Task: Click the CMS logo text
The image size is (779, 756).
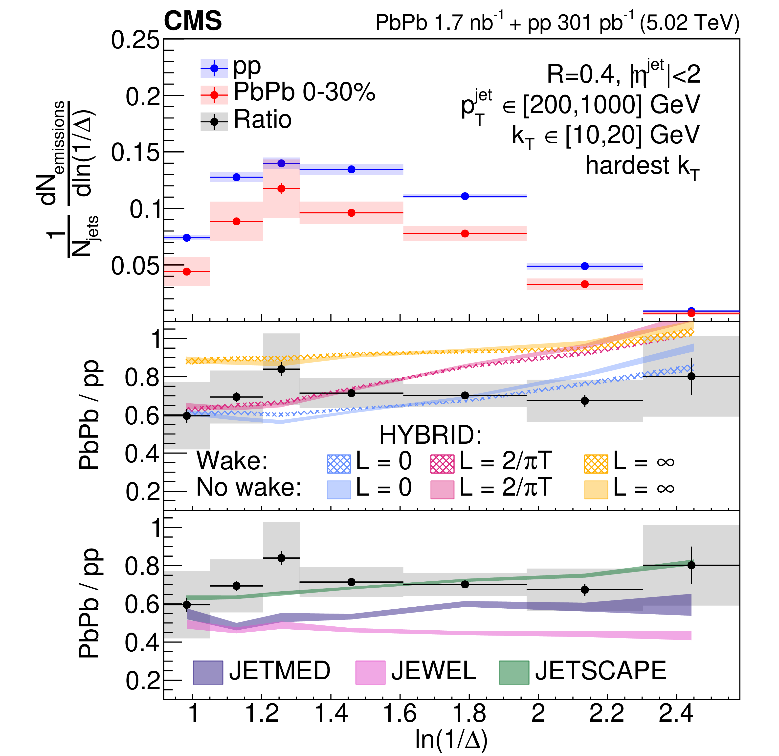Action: pyautogui.click(x=193, y=21)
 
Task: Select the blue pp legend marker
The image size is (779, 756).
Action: pyautogui.click(x=214, y=68)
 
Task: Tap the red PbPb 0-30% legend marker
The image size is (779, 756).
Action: pyautogui.click(x=214, y=95)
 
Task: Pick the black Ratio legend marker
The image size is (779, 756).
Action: pyautogui.click(x=214, y=122)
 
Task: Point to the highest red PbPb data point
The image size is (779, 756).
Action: pyautogui.click(x=281, y=189)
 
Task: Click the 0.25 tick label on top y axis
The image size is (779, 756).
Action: pyautogui.click(x=135, y=41)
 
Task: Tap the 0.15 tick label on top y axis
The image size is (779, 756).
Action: pyautogui.click(x=135, y=152)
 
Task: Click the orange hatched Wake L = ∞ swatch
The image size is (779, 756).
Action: pyautogui.click(x=596, y=463)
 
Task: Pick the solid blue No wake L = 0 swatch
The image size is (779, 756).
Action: pyautogui.click(x=339, y=490)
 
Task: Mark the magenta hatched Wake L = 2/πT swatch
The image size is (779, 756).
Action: pyautogui.click(x=442, y=463)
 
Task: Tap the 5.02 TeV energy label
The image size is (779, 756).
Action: pyautogui.click(x=690, y=23)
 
